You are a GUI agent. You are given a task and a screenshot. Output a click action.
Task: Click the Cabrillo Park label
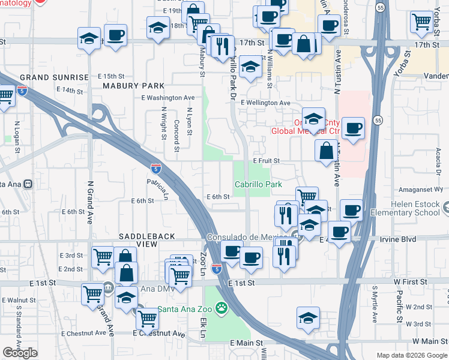point(258,185)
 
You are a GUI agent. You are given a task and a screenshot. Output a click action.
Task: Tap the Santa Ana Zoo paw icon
point(222,310)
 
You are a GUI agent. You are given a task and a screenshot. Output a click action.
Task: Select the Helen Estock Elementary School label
point(405,208)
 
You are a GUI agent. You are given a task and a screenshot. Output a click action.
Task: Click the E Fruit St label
point(267,161)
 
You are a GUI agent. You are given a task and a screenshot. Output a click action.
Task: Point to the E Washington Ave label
point(168,98)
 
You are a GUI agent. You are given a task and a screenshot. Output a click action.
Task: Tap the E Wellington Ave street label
point(265,103)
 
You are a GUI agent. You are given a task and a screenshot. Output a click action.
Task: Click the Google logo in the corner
point(20,353)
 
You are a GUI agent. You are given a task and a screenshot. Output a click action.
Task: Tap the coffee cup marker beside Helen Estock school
point(352,211)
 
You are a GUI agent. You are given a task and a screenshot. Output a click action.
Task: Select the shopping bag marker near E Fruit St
point(327,151)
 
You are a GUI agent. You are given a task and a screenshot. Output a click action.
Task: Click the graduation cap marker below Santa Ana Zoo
point(308,317)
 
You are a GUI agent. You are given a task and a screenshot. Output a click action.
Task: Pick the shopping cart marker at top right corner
point(421,22)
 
